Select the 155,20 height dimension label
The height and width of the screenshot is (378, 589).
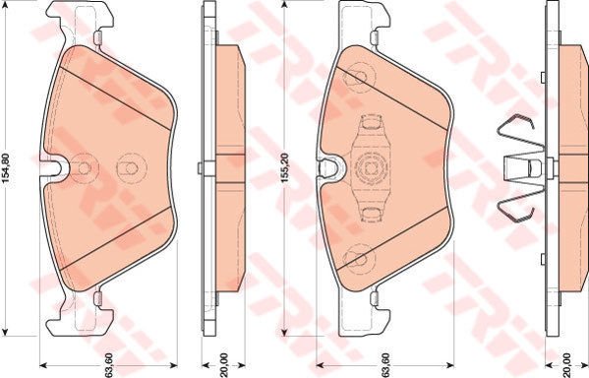284,170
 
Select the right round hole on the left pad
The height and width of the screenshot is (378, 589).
127,168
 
